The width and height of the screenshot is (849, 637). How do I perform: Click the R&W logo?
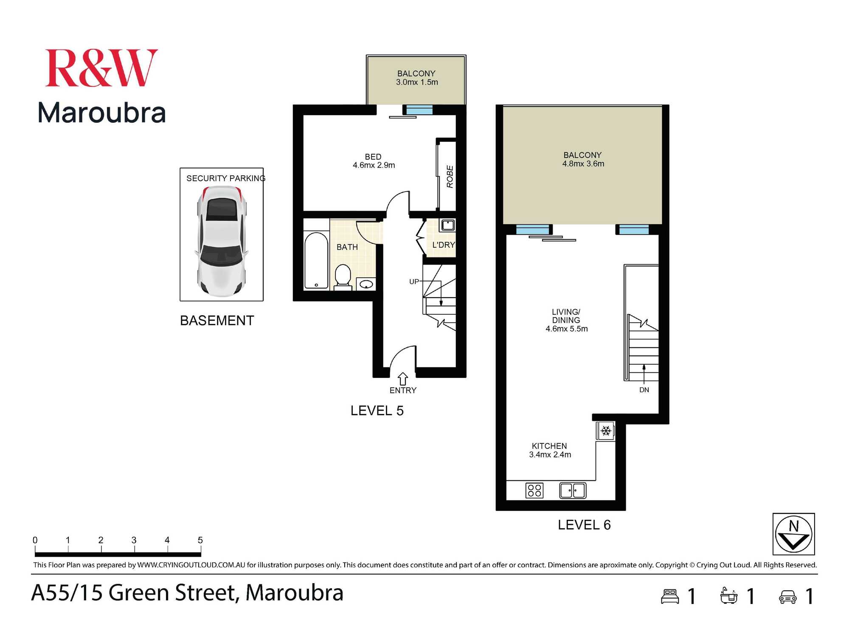(101, 68)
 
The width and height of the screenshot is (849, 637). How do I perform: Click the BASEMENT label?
(217, 321)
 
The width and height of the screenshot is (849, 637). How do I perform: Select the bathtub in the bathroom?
(316, 260)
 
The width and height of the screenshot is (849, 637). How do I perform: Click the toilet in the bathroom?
(343, 276)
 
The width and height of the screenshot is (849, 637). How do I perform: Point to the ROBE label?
(450, 177)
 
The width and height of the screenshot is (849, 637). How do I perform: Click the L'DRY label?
(443, 245)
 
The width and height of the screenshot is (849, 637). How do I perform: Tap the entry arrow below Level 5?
(403, 378)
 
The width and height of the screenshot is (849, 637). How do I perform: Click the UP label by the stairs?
(413, 282)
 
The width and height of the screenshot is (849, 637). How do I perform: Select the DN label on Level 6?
(644, 390)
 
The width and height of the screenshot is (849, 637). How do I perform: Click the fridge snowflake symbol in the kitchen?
(606, 431)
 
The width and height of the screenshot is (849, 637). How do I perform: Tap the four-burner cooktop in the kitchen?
(534, 490)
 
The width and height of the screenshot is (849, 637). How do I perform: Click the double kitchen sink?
(573, 490)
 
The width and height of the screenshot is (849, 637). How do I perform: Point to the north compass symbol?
(793, 534)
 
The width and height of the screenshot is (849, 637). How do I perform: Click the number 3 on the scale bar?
(134, 540)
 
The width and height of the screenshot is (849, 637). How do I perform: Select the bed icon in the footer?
(670, 596)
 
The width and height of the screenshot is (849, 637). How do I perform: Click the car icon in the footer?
(787, 597)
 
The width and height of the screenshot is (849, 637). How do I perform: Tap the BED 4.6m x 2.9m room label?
(374, 161)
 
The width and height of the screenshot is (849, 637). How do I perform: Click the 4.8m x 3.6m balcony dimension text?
(583, 164)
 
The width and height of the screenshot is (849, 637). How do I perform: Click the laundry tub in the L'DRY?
(447, 225)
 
